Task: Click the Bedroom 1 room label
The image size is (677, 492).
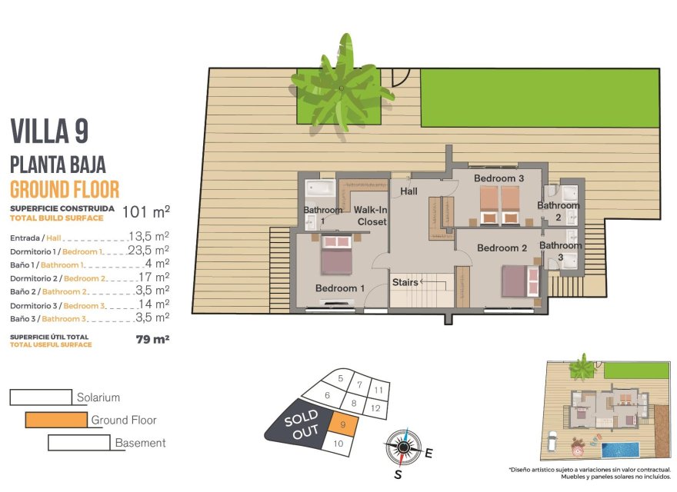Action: click(340, 288)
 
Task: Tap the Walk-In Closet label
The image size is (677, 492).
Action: click(372, 214)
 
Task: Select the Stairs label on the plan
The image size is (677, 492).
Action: click(405, 282)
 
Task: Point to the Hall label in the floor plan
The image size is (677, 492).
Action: click(409, 191)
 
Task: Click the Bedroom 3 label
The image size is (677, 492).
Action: click(499, 178)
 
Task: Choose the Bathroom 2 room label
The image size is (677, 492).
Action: click(559, 211)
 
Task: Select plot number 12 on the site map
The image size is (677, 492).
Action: click(376, 408)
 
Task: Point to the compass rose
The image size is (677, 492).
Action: click(403, 445)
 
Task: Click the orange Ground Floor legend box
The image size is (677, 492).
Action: click(56, 420)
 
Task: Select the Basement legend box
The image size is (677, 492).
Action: click(79, 443)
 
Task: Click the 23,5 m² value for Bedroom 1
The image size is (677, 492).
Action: click(148, 251)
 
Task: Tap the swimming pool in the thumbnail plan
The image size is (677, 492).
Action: click(622, 447)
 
